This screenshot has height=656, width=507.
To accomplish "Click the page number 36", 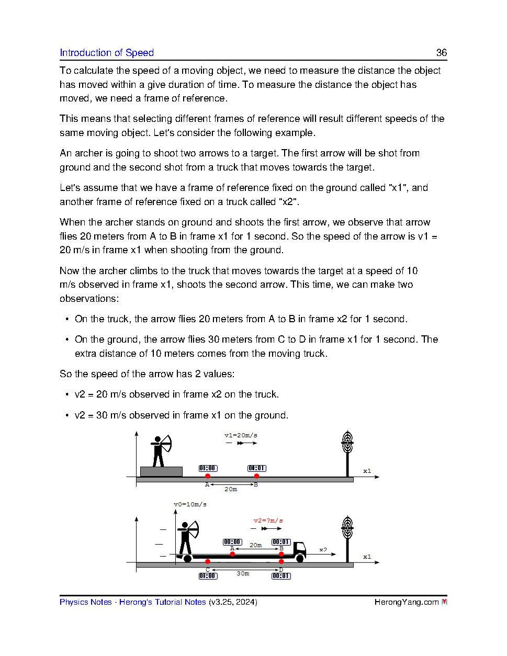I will [441, 53].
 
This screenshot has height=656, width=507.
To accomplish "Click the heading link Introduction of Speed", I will [107, 53].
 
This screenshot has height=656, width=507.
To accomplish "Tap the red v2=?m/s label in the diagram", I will [268, 521].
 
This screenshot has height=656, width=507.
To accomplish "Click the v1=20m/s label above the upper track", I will [241, 435].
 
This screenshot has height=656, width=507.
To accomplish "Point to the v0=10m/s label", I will [190, 504].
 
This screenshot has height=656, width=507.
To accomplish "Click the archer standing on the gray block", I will [160, 450].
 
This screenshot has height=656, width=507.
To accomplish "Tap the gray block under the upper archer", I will [161, 471].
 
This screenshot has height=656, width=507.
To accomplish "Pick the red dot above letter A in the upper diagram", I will [208, 476].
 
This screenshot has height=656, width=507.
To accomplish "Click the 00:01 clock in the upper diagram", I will [256, 468].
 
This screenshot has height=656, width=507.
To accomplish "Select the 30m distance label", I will [243, 573].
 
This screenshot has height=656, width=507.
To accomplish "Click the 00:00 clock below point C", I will [208, 576].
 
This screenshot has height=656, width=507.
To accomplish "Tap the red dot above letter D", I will [281, 562].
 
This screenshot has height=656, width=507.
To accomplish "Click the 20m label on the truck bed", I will [255, 545].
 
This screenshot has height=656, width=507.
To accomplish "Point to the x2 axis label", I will [323, 550].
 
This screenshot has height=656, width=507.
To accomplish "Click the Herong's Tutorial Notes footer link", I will [162, 602].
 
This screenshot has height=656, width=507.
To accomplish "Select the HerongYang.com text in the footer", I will [406, 602].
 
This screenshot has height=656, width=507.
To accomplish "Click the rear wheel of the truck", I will [187, 559].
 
